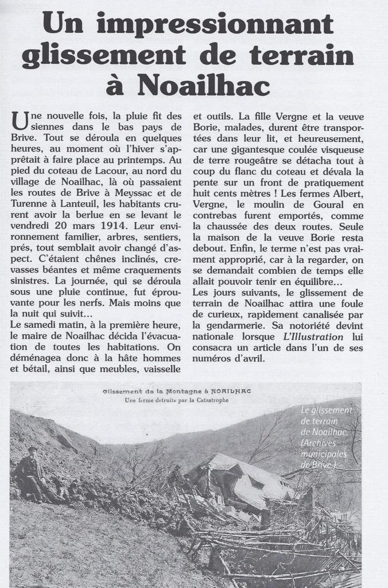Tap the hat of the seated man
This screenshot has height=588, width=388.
pyautogui.click(x=32, y=449)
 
